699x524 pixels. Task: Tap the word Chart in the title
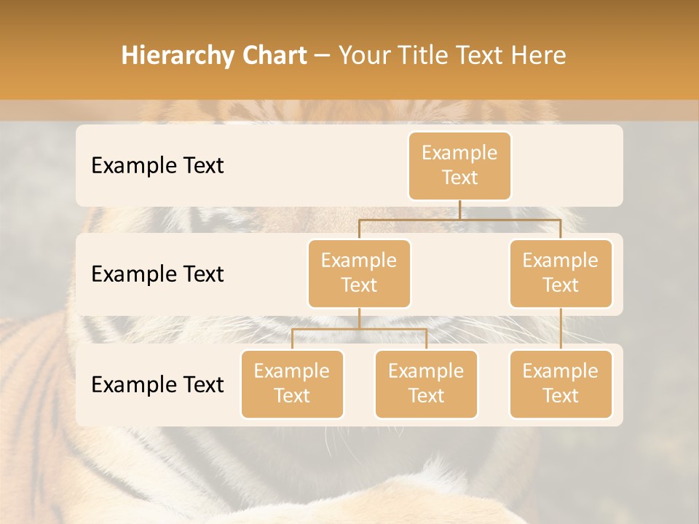pos(272,56)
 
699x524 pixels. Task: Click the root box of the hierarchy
pos(459,165)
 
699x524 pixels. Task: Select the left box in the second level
pos(359,273)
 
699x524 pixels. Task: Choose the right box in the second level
pos(561,273)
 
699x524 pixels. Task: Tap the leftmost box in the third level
pos(292,384)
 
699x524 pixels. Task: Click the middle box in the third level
pos(426,384)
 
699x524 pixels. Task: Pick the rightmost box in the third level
pos(561,384)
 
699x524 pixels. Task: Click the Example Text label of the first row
pos(157,165)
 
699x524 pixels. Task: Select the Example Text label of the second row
pos(157,274)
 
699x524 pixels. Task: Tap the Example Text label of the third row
pos(157,384)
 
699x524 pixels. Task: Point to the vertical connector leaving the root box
pos(459,210)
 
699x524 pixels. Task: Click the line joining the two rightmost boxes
pos(561,328)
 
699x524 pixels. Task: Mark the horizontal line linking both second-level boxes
pos(459,219)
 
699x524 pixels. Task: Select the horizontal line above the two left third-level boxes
pos(359,329)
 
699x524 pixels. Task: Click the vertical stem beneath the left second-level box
pos(359,318)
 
